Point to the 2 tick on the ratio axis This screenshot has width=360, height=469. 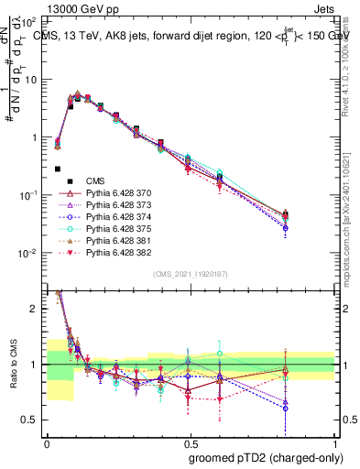37,309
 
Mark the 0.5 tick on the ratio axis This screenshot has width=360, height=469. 32,420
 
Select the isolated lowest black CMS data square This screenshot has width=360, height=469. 58,169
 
